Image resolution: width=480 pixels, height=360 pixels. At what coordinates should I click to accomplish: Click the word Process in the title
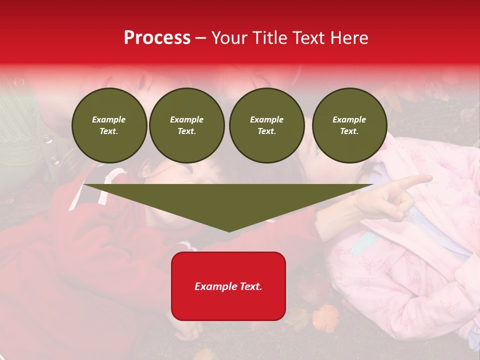(x=157, y=38)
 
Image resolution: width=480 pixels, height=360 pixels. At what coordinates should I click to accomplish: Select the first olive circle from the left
(x=109, y=125)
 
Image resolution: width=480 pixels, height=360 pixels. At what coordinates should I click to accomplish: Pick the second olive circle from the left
(x=186, y=125)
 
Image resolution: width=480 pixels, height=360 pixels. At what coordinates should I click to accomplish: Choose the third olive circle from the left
(x=266, y=125)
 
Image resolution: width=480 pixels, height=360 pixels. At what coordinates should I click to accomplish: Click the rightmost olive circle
(x=349, y=125)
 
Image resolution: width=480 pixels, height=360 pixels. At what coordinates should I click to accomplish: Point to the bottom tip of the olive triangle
(x=228, y=231)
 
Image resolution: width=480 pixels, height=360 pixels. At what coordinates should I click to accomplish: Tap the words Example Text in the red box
(x=228, y=286)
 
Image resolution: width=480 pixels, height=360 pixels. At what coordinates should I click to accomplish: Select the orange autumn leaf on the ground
(x=325, y=317)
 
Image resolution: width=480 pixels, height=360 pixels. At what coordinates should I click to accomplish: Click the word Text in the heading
(x=309, y=38)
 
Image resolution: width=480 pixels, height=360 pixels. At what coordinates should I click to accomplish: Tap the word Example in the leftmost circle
(x=109, y=119)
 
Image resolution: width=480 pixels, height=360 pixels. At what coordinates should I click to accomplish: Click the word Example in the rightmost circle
(x=349, y=119)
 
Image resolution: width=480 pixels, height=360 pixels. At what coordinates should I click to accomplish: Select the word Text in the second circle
(x=186, y=131)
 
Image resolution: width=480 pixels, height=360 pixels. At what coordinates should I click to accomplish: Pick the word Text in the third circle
(x=266, y=131)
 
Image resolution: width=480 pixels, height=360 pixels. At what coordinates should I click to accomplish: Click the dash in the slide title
(x=201, y=38)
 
